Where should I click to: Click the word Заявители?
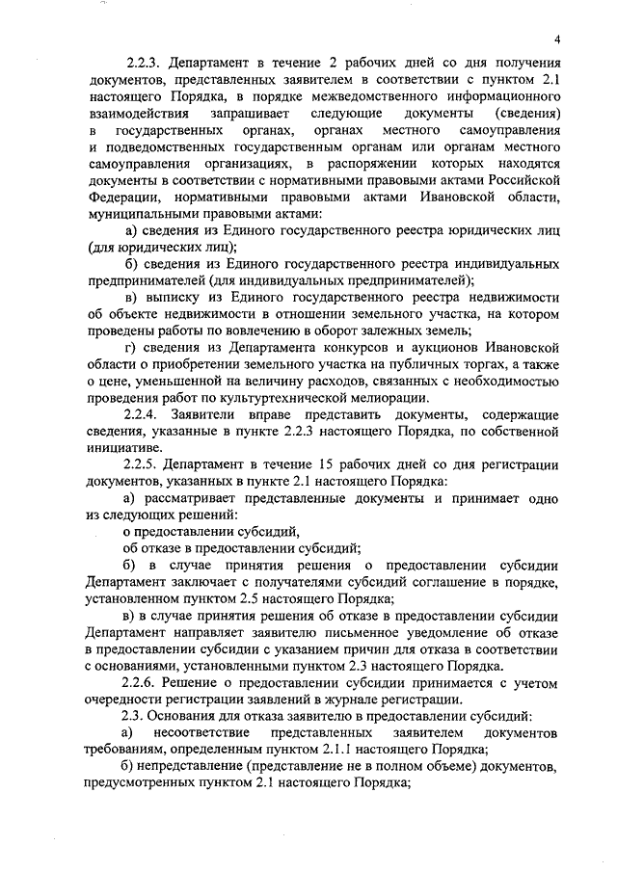[216, 412]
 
